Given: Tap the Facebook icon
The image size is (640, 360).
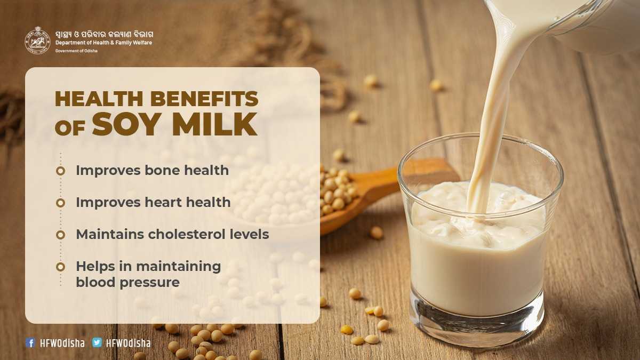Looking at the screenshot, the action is click(x=30, y=342).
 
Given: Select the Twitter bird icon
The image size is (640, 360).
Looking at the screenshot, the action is click(x=97, y=342).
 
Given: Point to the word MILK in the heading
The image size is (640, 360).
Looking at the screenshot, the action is click(x=214, y=124).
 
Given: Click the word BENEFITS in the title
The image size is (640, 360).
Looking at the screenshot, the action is click(x=204, y=99).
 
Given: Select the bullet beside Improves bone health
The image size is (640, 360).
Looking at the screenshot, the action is click(x=61, y=171).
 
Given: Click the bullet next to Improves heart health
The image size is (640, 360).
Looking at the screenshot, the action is click(x=61, y=203).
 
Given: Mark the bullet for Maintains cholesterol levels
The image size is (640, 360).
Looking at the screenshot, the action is click(x=61, y=235).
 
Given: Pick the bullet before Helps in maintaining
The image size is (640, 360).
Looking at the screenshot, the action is click(x=61, y=267).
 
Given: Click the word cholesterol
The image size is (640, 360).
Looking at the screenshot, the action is click(x=183, y=234).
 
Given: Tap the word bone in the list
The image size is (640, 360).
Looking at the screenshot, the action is click(x=162, y=170).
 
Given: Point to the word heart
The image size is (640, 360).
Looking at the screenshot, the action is click(x=163, y=202).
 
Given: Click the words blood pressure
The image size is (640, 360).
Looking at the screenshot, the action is click(x=127, y=283).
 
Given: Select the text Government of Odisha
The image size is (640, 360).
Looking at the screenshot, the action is click(x=76, y=51).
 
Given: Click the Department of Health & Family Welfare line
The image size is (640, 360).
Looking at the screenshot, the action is click(x=103, y=43).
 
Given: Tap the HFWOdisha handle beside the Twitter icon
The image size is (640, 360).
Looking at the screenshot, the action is click(x=129, y=343).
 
